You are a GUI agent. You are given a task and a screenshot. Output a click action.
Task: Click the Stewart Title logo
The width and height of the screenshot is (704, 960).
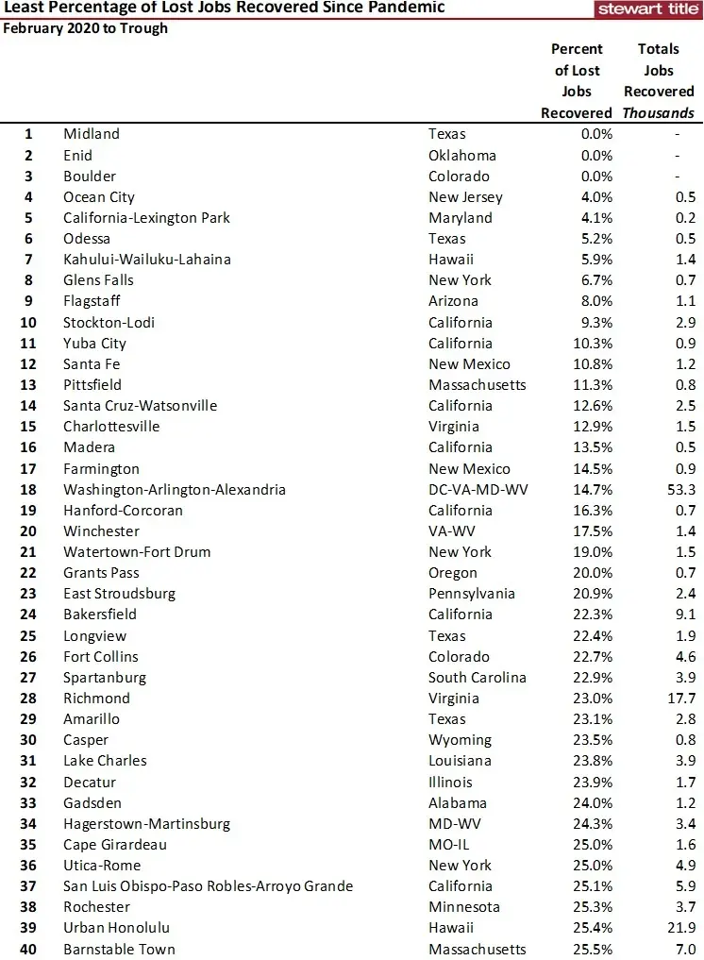(x=648, y=8)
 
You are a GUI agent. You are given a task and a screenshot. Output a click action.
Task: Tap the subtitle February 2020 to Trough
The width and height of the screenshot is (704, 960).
(x=85, y=28)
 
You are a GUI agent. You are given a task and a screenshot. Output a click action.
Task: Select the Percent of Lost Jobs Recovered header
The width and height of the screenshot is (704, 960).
(x=577, y=80)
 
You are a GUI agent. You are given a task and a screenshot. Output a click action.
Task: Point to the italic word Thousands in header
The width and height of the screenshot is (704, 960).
(x=659, y=113)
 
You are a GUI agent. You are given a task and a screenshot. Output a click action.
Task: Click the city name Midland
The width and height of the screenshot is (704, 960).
(x=92, y=134)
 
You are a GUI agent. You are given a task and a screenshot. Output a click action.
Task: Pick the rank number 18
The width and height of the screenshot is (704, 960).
(x=28, y=490)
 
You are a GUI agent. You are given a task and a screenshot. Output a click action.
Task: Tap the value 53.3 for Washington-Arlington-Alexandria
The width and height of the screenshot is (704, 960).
(x=679, y=490)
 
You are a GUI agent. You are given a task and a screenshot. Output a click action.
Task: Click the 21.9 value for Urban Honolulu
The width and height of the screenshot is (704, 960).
(x=679, y=928)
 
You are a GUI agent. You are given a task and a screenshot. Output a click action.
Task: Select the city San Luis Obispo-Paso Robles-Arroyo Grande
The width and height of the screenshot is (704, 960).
(x=208, y=886)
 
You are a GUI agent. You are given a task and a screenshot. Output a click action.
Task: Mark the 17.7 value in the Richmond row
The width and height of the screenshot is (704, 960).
(x=679, y=699)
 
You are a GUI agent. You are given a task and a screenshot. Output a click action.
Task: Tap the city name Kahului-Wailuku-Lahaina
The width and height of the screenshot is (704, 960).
(x=147, y=260)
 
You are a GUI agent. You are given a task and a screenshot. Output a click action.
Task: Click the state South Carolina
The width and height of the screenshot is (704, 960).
(x=478, y=678)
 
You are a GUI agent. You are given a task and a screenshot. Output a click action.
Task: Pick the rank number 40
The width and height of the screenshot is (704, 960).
(x=28, y=949)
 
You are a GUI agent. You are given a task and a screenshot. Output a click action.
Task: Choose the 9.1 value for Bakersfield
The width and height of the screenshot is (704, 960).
(x=684, y=615)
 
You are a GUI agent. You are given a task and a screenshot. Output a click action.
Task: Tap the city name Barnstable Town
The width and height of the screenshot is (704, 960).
(x=119, y=949)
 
